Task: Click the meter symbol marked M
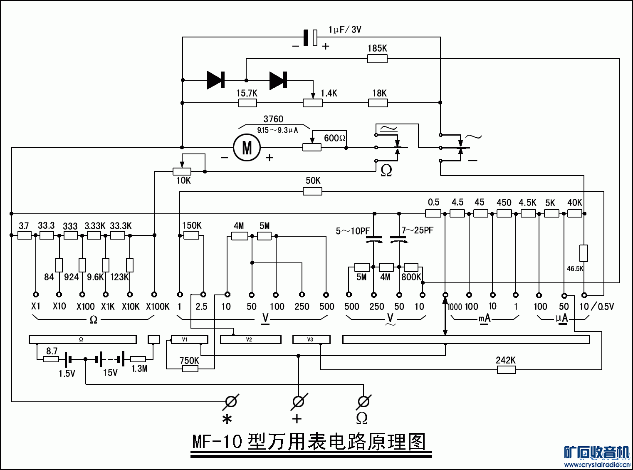[x=247, y=148]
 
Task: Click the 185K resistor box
[x=377, y=59]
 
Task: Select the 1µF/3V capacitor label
[x=345, y=30]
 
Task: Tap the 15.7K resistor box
[x=247, y=103]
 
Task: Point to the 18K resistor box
[x=378, y=103]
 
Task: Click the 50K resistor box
[x=312, y=191]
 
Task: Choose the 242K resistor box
[x=506, y=369]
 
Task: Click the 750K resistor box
[x=190, y=368]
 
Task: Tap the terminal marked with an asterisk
[x=231, y=401]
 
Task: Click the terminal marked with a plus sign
[x=298, y=401]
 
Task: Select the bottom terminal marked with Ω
[x=363, y=401]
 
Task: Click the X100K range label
[x=158, y=307]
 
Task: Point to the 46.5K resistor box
[x=584, y=253]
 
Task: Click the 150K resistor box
[x=191, y=236]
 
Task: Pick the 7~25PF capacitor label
[x=417, y=230]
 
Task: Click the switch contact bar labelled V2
[x=250, y=339]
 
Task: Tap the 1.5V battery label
[x=67, y=374]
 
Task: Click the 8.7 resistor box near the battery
[x=51, y=359]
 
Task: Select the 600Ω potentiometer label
[x=335, y=138]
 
